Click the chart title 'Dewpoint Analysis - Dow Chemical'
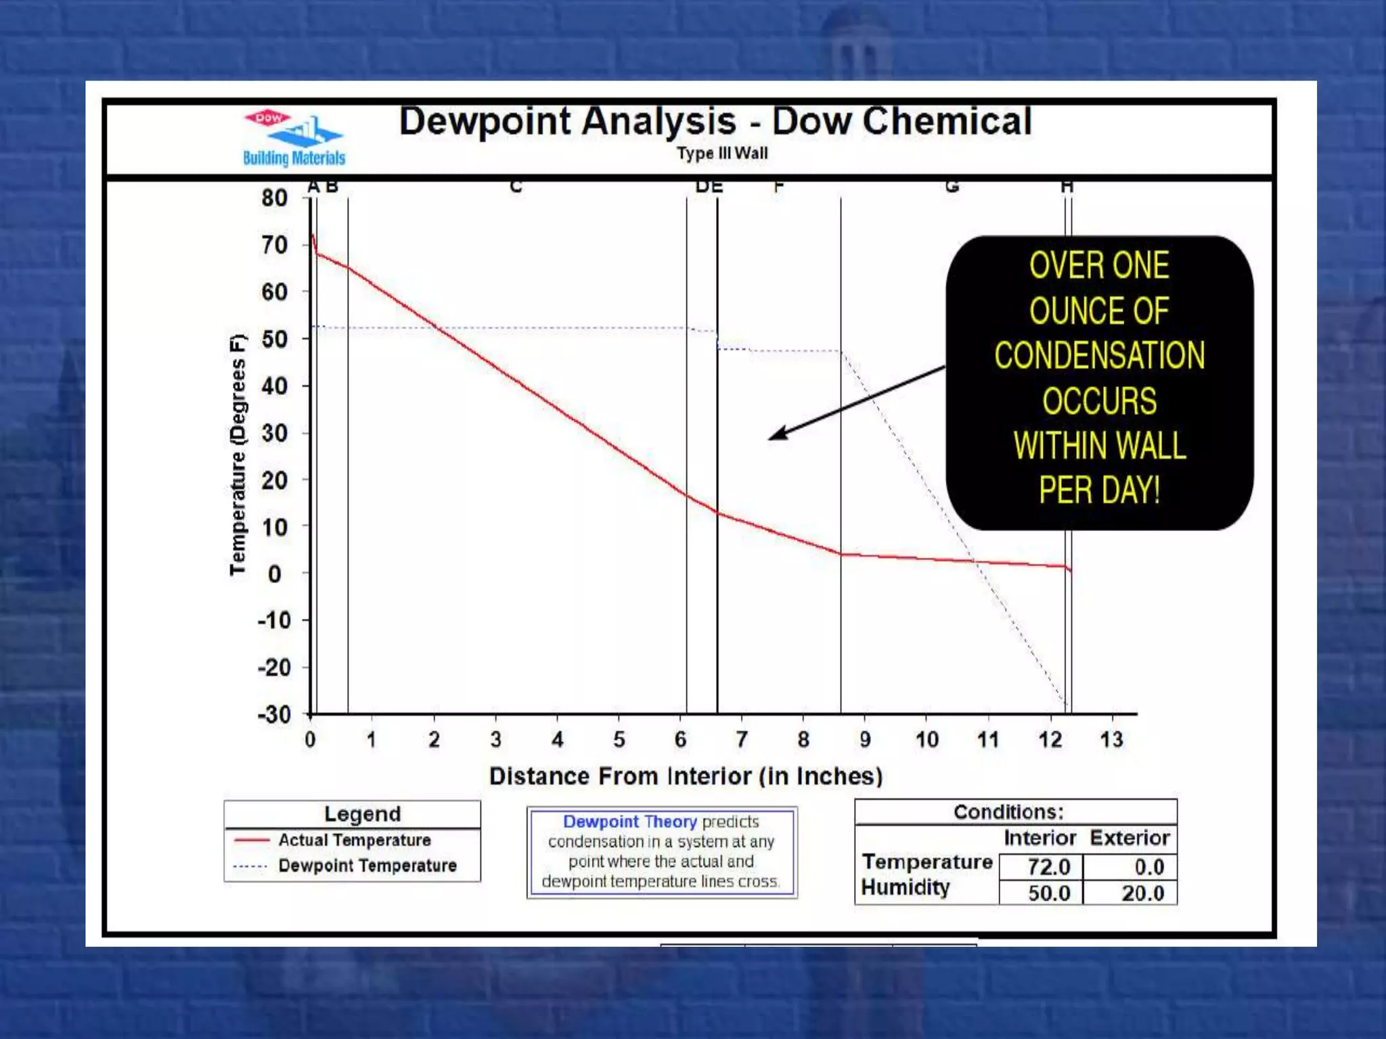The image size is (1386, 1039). pyautogui.click(x=715, y=122)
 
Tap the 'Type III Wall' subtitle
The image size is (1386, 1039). pyautogui.click(x=722, y=154)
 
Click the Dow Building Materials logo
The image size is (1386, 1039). pyautogui.click(x=294, y=138)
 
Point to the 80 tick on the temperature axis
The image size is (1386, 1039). pyautogui.click(x=275, y=198)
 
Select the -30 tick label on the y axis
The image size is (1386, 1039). pyautogui.click(x=274, y=714)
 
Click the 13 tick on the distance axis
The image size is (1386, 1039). pyautogui.click(x=1111, y=739)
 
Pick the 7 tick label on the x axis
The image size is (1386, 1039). pyautogui.click(x=742, y=739)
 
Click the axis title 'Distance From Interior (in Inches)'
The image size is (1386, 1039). pyautogui.click(x=686, y=776)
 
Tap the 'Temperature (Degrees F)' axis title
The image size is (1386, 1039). pyautogui.click(x=238, y=455)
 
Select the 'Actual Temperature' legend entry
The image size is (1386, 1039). pyautogui.click(x=354, y=840)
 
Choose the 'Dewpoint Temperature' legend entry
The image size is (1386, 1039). pyautogui.click(x=367, y=866)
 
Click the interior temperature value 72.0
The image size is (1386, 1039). pyautogui.click(x=1048, y=867)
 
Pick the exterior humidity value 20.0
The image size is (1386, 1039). pyautogui.click(x=1142, y=894)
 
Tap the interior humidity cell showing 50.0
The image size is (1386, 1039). pyautogui.click(x=1048, y=894)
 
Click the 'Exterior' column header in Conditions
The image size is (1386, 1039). pyautogui.click(x=1130, y=838)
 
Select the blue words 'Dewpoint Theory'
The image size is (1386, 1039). pyautogui.click(x=629, y=822)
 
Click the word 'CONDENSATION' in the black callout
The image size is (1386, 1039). pyautogui.click(x=1099, y=356)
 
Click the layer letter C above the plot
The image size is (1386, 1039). pyautogui.click(x=516, y=186)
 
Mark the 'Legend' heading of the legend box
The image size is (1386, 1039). pyautogui.click(x=362, y=814)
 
